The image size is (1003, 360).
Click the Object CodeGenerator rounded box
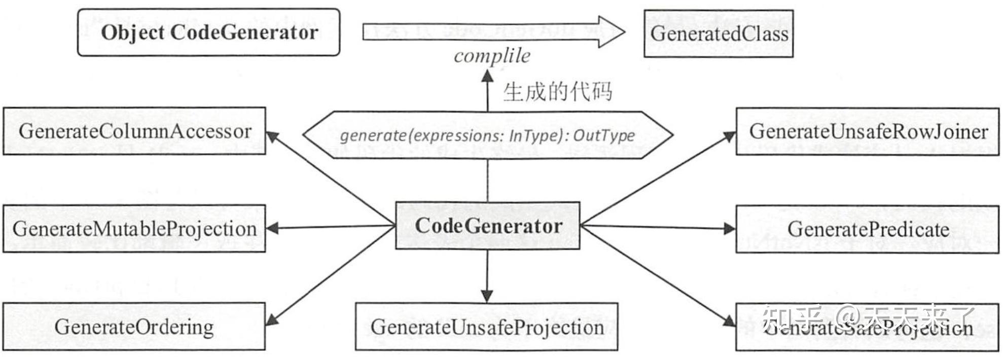[x=208, y=32]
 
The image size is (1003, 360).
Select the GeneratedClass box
[x=718, y=33]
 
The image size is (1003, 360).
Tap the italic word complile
[x=491, y=56]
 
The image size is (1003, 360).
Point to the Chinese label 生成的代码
[x=557, y=92]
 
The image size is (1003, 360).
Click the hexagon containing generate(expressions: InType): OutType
[x=487, y=135]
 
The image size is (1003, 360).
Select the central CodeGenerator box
[x=487, y=226]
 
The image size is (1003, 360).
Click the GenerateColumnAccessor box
[x=134, y=131]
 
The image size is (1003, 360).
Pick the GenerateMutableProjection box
[x=134, y=229]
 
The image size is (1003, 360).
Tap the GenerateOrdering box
[x=134, y=327]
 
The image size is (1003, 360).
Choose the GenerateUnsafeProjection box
[x=486, y=327]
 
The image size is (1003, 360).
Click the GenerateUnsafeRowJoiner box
[x=867, y=131]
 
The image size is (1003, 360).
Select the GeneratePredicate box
[x=867, y=229]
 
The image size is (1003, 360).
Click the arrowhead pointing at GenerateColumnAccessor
[x=272, y=137]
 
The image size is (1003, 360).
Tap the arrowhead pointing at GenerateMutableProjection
[x=272, y=228]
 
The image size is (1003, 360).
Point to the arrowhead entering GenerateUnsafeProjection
[x=487, y=296]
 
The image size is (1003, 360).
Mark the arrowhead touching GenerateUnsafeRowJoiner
[x=729, y=136]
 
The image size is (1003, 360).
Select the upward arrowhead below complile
[x=487, y=77]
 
